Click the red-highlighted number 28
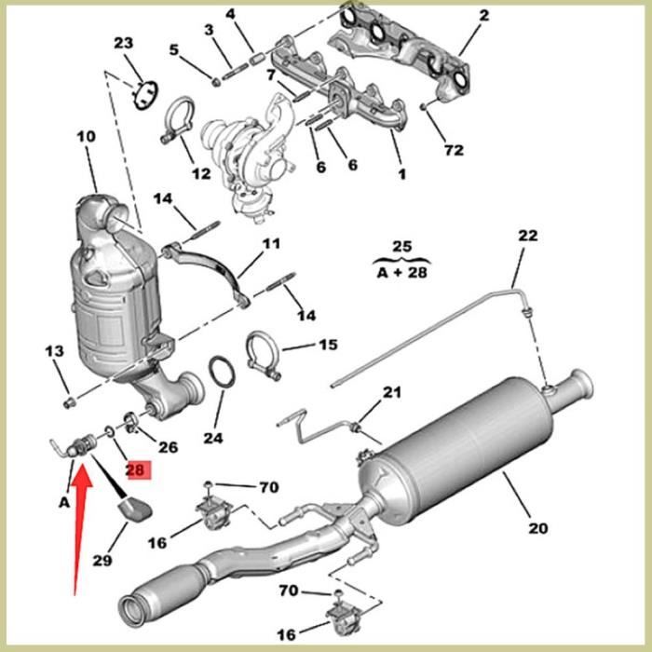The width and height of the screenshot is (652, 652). point(136,470)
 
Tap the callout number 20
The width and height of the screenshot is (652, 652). point(537,528)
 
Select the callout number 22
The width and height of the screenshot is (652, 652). point(528,236)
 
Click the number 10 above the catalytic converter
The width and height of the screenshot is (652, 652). point(86,137)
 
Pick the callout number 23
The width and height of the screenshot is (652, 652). point(124,44)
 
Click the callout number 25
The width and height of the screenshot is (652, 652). point(401,248)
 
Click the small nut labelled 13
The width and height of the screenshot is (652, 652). point(67,402)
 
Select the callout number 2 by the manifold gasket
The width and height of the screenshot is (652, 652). point(483,16)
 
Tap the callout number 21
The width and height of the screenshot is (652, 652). point(392,391)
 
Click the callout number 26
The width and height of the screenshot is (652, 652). point(168,447)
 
